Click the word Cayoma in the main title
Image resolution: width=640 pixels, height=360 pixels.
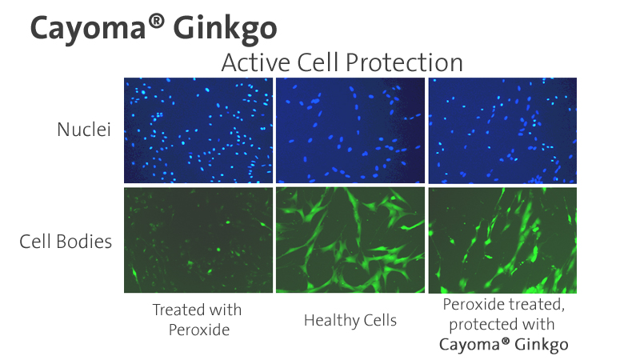pyautogui.click(x=88, y=30)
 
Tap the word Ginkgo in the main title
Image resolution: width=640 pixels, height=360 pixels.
pyautogui.click(x=226, y=30)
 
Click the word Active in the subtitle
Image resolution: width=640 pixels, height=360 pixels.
pyautogui.click(x=256, y=62)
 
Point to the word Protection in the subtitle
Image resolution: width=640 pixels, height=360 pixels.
pyautogui.click(x=404, y=62)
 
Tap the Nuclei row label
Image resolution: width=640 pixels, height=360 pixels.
pyautogui.click(x=84, y=130)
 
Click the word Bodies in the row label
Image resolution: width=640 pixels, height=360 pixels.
pyautogui.click(x=84, y=242)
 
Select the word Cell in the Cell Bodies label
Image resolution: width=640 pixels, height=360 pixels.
pyautogui.click(x=35, y=242)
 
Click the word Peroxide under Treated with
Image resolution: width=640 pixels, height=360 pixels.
pyautogui.click(x=199, y=330)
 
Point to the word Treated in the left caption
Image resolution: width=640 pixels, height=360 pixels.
pyautogui.click(x=177, y=310)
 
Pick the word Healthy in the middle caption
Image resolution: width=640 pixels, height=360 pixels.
pyautogui.click(x=331, y=321)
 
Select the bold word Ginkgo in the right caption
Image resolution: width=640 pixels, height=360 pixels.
pyautogui.click(x=542, y=345)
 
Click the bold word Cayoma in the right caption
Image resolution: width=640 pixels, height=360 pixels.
pyautogui.click(x=470, y=345)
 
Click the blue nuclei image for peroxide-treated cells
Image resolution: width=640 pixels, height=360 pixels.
pyautogui.click(x=198, y=130)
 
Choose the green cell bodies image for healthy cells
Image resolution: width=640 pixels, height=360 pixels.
pyautogui.click(x=350, y=240)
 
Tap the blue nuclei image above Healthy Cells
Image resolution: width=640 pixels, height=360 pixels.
pyautogui.click(x=350, y=130)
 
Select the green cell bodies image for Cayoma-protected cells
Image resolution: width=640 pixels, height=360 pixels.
pyautogui.click(x=502, y=240)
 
